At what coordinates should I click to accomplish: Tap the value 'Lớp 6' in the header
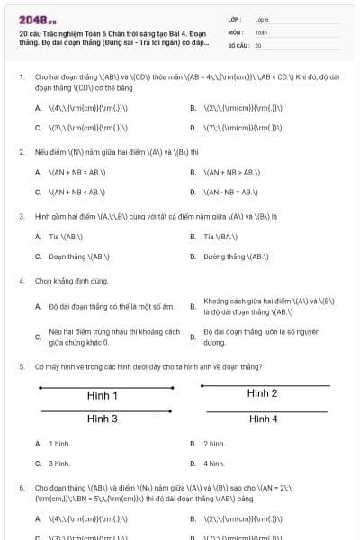point(262,19)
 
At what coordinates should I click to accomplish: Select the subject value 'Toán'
point(261,31)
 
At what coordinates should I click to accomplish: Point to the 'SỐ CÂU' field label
point(238,44)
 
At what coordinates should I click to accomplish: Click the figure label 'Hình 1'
point(103,396)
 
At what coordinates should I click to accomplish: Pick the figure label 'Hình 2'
point(262,393)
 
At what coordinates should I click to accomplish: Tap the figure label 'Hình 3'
point(103,418)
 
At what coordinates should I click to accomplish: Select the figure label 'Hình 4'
point(263,419)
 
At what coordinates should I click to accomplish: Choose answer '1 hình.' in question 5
point(59,444)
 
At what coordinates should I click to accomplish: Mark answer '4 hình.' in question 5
point(214,463)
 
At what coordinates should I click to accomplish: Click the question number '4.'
point(22,281)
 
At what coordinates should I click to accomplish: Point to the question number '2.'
point(22,152)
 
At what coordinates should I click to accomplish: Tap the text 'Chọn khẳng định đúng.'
point(71,281)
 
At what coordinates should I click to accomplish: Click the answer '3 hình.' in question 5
point(59,463)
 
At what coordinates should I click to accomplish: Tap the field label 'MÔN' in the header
point(235,31)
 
